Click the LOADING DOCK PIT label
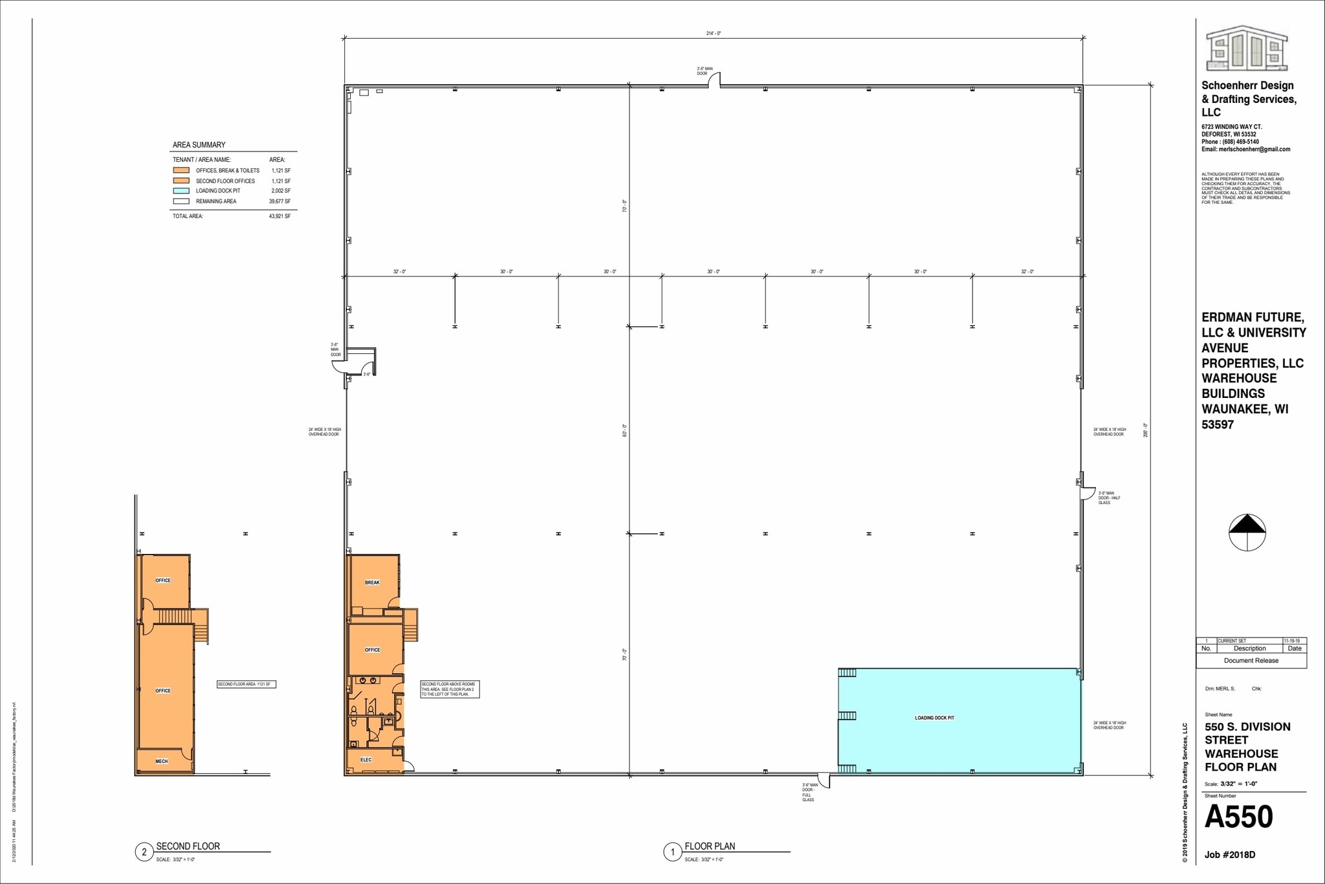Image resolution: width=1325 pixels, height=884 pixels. tap(934, 718)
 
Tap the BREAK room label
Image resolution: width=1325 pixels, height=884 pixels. tap(372, 582)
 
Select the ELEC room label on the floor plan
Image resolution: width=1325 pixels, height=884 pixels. tap(366, 760)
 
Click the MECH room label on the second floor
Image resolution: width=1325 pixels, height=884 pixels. tap(162, 761)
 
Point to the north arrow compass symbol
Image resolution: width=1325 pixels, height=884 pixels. tap(1247, 533)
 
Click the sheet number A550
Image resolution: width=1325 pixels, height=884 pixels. tap(1238, 817)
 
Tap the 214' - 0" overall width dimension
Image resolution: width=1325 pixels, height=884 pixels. tap(713, 33)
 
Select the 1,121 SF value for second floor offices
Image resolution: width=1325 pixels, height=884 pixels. tap(281, 181)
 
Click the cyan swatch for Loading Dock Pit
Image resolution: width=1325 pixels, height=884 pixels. tap(181, 191)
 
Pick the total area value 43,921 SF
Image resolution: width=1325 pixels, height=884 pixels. tap(279, 216)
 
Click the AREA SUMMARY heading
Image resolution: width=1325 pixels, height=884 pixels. tap(199, 145)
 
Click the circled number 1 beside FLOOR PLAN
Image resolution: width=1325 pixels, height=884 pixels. tap(672, 852)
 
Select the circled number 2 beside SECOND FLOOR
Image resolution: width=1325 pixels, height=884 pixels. tap(144, 852)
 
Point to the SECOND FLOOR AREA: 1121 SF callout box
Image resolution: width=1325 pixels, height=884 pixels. tap(246, 684)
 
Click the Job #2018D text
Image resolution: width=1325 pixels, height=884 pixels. tap(1229, 855)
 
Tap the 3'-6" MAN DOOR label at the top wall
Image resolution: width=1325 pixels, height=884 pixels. tap(705, 71)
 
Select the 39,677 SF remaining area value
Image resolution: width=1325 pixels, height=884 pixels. tap(279, 201)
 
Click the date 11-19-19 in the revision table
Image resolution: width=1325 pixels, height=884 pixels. tap(1293, 641)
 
